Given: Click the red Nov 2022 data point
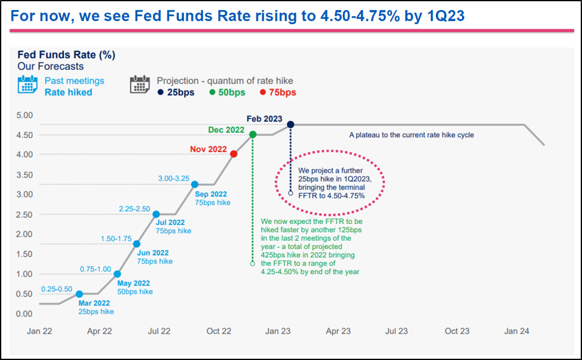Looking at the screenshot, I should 233,154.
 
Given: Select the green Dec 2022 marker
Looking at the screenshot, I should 253,134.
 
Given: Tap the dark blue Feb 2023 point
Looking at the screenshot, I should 290,125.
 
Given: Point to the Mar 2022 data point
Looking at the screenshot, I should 79,294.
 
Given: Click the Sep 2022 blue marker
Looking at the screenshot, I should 194,184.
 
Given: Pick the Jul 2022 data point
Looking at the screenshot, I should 156,214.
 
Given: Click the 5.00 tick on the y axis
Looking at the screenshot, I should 24,115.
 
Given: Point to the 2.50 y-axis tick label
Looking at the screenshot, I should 24,214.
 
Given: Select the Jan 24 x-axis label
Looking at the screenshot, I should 517,331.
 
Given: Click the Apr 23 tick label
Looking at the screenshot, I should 339,331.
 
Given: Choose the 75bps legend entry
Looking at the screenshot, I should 278,92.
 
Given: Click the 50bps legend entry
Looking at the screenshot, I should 227,92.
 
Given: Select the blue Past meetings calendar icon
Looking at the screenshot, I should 28,85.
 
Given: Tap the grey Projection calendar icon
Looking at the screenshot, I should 140,85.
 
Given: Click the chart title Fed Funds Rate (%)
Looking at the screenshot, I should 66,55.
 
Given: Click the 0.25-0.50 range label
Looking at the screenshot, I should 57,289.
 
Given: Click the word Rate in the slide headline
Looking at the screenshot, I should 217,16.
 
